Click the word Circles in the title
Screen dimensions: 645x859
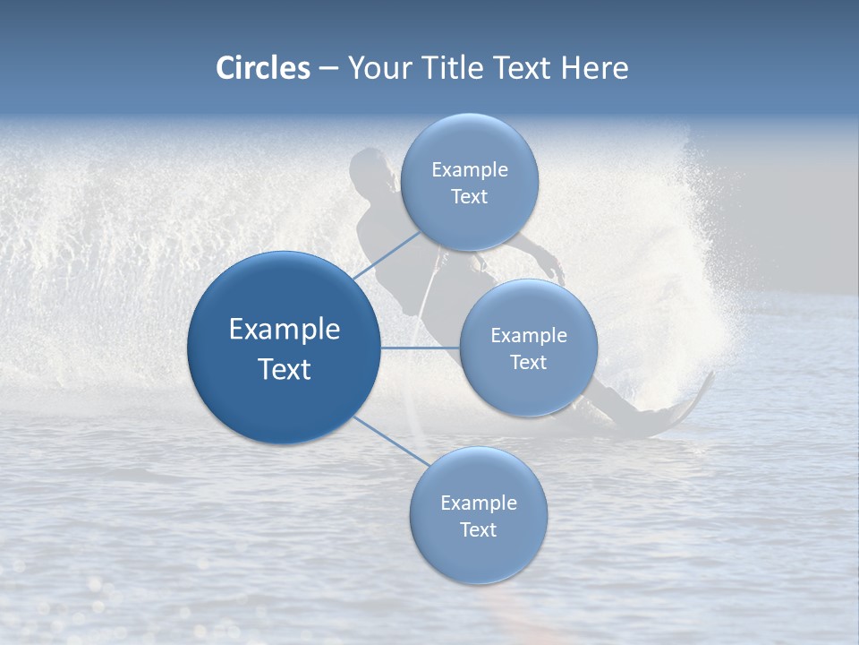(263, 68)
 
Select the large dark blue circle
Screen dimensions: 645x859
(284, 348)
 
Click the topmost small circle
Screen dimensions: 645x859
(470, 182)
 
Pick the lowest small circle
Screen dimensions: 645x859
(478, 516)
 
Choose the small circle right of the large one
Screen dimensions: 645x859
(529, 348)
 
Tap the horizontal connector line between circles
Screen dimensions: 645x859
(420, 348)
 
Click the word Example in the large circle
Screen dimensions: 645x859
(284, 329)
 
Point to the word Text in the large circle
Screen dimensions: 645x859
(284, 368)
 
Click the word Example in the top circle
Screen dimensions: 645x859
(470, 169)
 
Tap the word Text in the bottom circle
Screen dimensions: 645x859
(478, 529)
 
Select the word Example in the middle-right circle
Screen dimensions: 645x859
(529, 335)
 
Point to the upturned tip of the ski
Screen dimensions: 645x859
(709, 378)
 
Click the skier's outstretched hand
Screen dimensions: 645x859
(557, 270)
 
